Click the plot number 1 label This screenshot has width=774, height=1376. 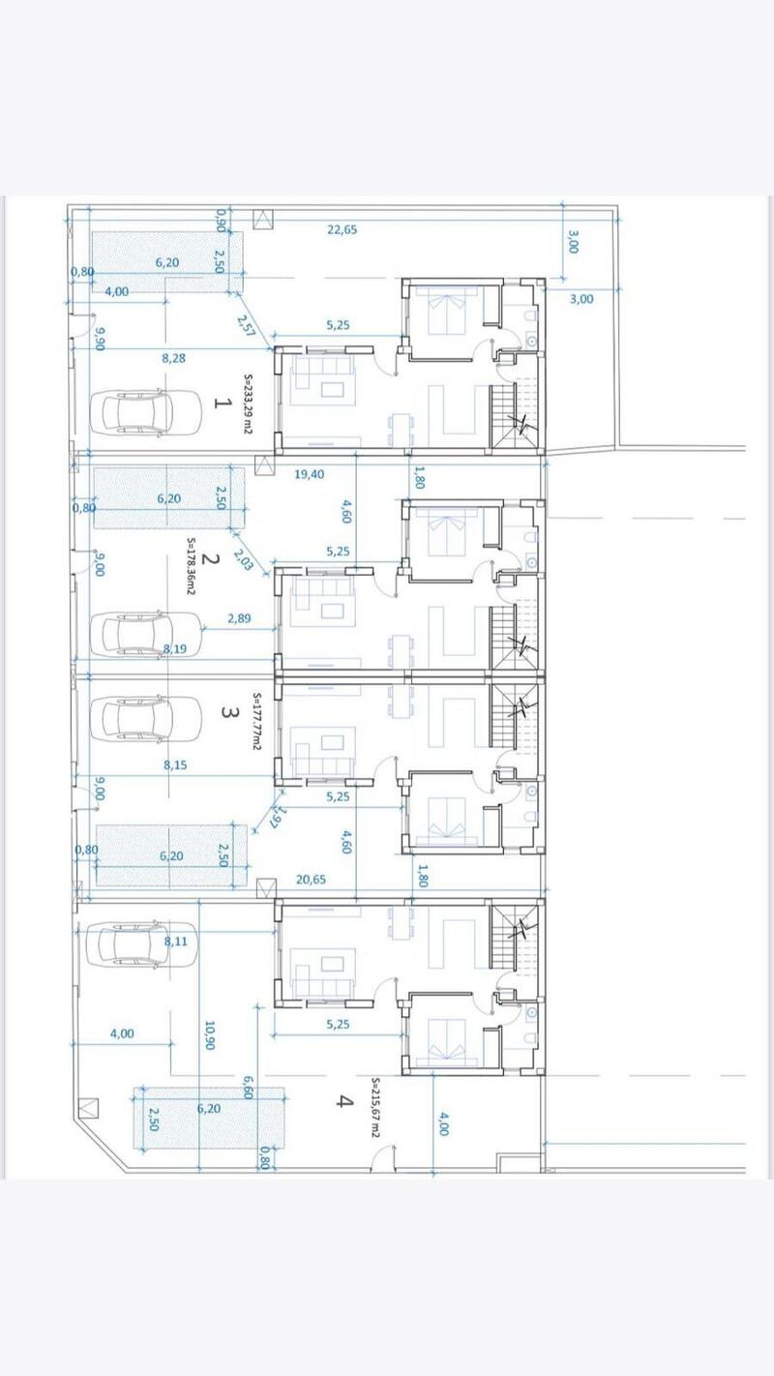[x=222, y=403]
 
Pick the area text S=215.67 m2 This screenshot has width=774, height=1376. [x=376, y=1108]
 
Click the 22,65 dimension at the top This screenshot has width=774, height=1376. [x=342, y=229]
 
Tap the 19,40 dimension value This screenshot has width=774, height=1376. [x=309, y=474]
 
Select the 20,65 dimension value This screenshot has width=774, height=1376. [x=310, y=880]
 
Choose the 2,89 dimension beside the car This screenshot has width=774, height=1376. [x=239, y=617]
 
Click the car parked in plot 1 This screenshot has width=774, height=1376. [x=133, y=412]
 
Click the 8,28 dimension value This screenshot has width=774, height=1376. [x=174, y=358]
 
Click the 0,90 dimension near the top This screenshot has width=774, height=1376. [x=222, y=221]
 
